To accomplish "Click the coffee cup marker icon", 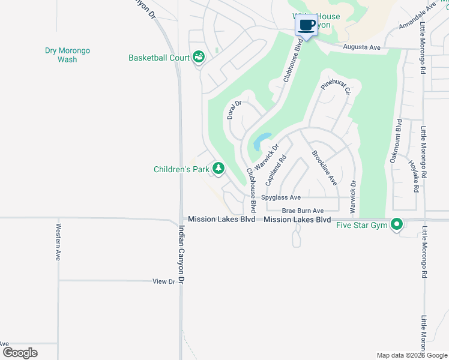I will (x=306, y=26).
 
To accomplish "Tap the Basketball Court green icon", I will (x=199, y=58).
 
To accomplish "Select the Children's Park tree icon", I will (x=218, y=169).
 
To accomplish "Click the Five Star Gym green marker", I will (x=396, y=225).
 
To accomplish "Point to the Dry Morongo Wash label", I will (x=67, y=55).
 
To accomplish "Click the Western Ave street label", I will (x=58, y=242).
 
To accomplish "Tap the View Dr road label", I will (x=163, y=281).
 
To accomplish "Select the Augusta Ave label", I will (x=363, y=46).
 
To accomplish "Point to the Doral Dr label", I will (x=234, y=109).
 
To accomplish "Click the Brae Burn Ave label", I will (x=303, y=211).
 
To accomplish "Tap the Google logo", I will (x=20, y=352).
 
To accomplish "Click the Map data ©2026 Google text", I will (x=411, y=355).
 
